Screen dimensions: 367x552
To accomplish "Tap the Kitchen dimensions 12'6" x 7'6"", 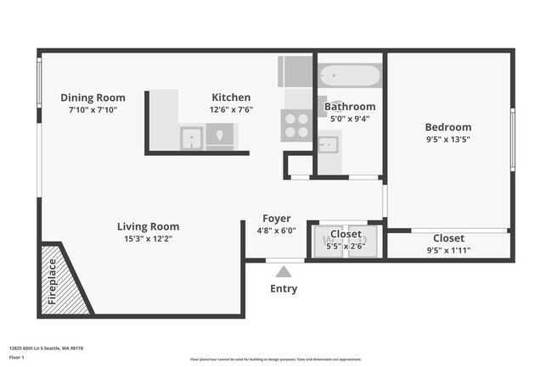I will [231, 109].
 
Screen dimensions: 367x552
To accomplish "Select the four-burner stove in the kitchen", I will [296, 125].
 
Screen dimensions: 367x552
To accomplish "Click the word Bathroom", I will [349, 106].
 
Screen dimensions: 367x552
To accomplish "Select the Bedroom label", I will [448, 127].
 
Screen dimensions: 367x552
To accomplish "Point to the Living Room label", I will [148, 226].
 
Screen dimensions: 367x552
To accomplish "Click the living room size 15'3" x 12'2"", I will [148, 238].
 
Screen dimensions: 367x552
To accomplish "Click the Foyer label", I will [276, 218].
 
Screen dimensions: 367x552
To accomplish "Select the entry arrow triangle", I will [283, 271].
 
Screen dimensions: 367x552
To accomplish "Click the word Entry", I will [284, 289].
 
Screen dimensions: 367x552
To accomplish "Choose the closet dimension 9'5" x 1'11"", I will [448, 250].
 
